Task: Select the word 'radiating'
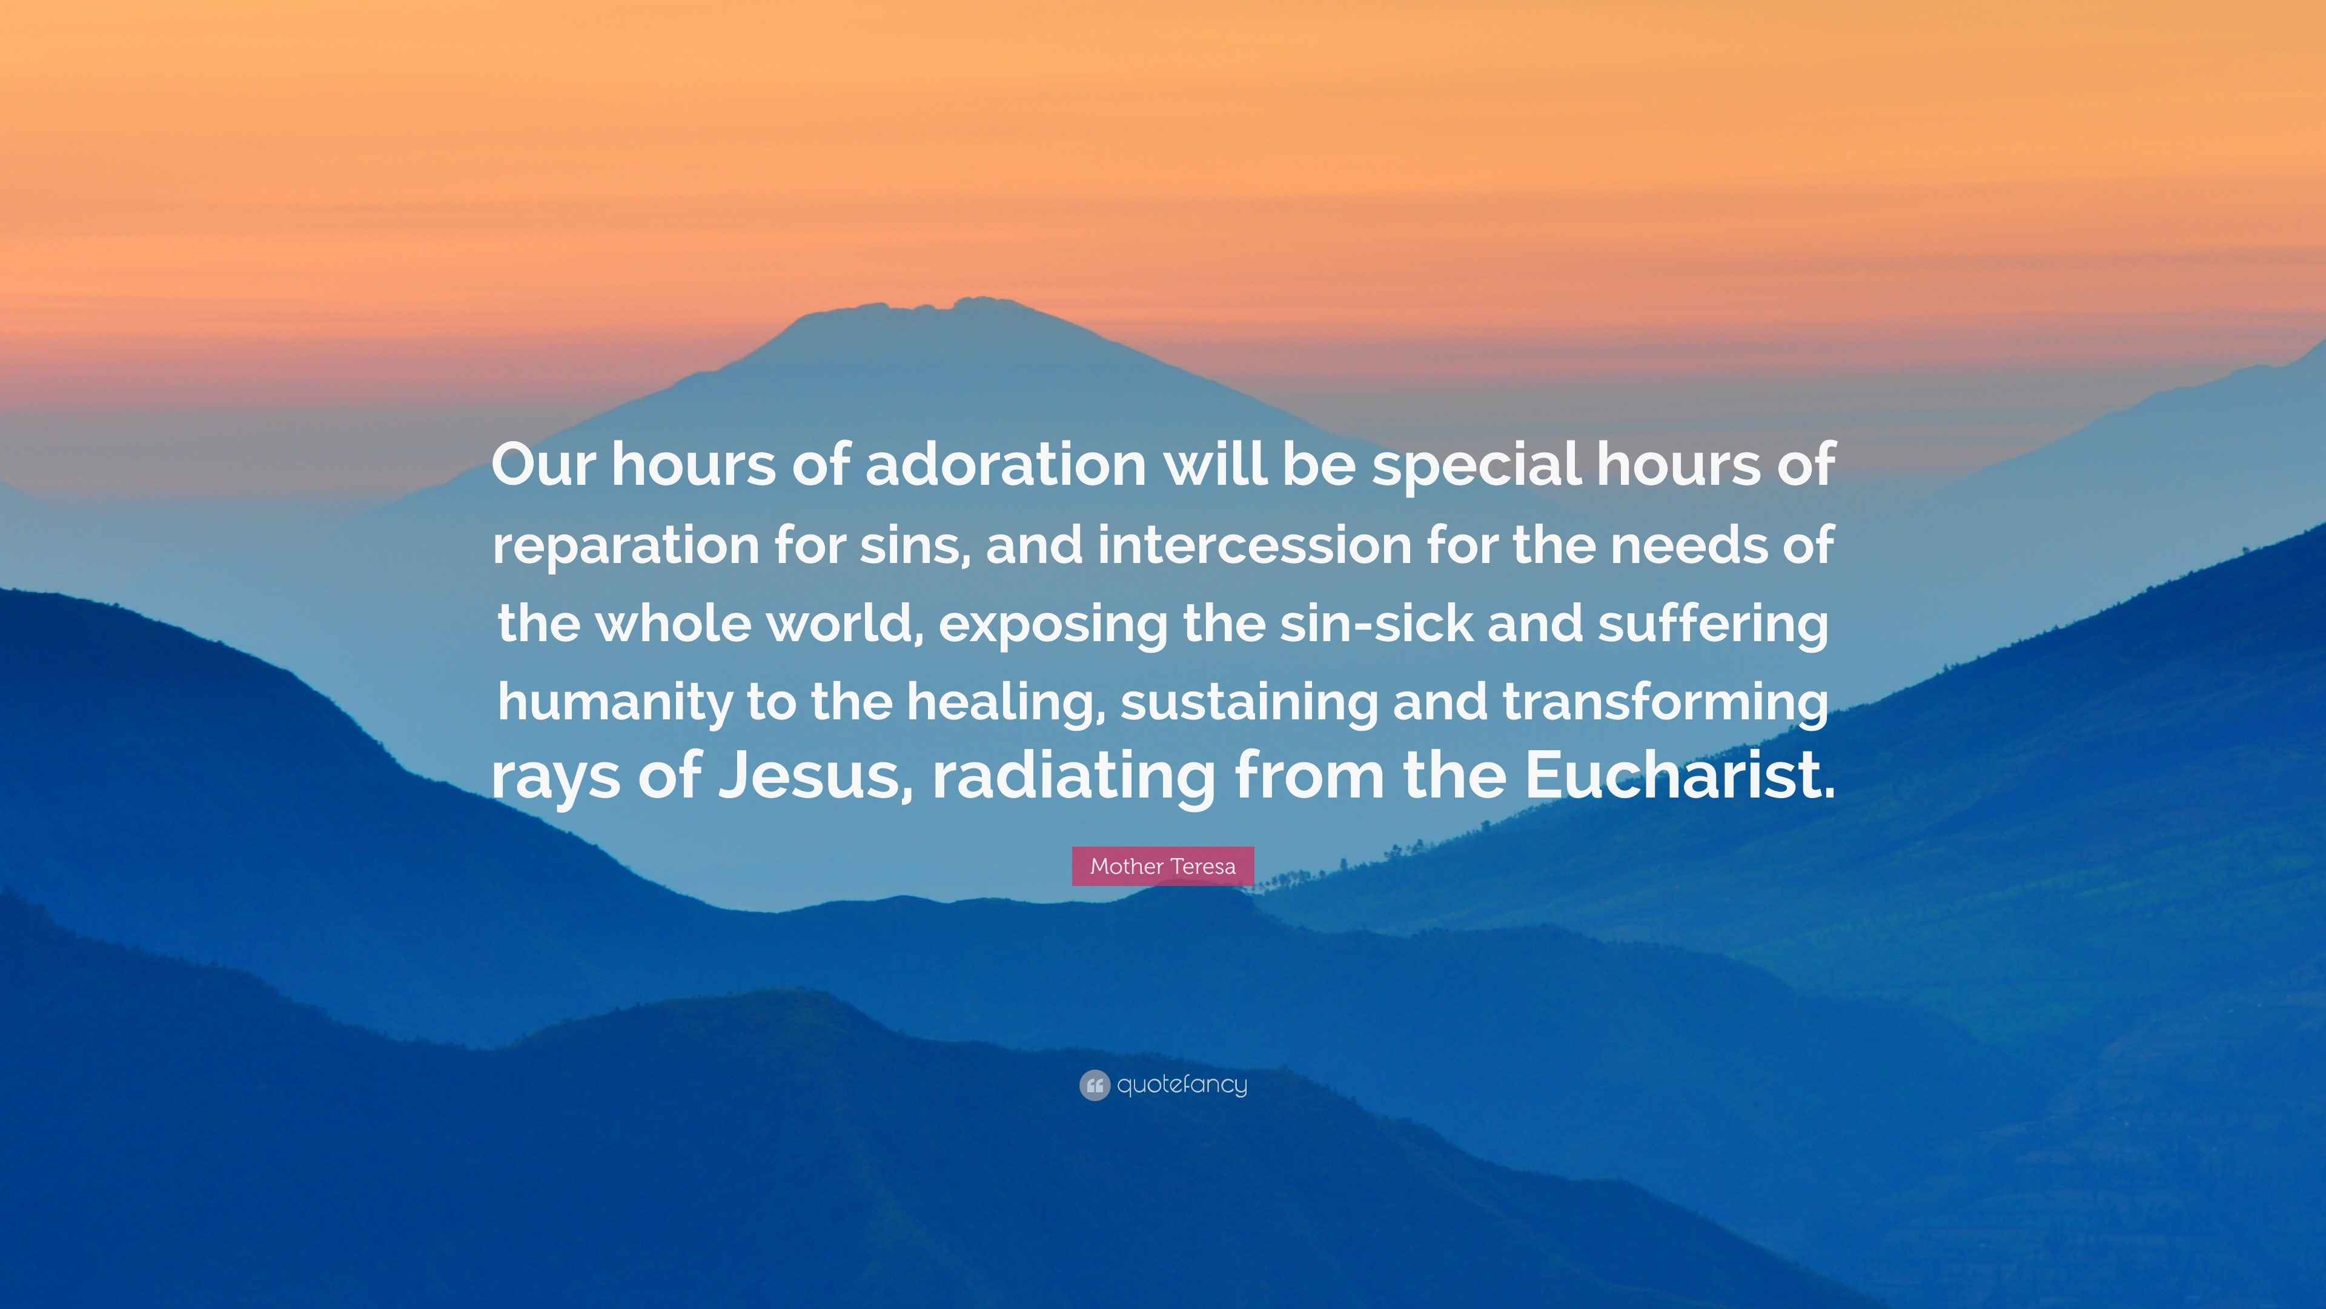click(1073, 777)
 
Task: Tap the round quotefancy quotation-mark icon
click(1093, 1085)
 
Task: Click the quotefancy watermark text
click(1182, 1085)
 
